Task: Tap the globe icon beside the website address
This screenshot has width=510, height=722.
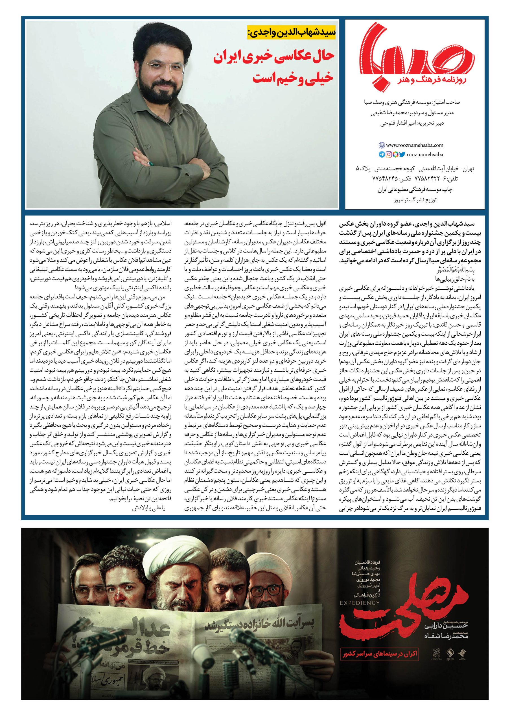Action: point(382,145)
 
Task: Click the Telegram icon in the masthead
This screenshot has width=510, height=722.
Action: point(382,154)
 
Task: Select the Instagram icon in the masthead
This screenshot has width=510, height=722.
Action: point(389,154)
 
